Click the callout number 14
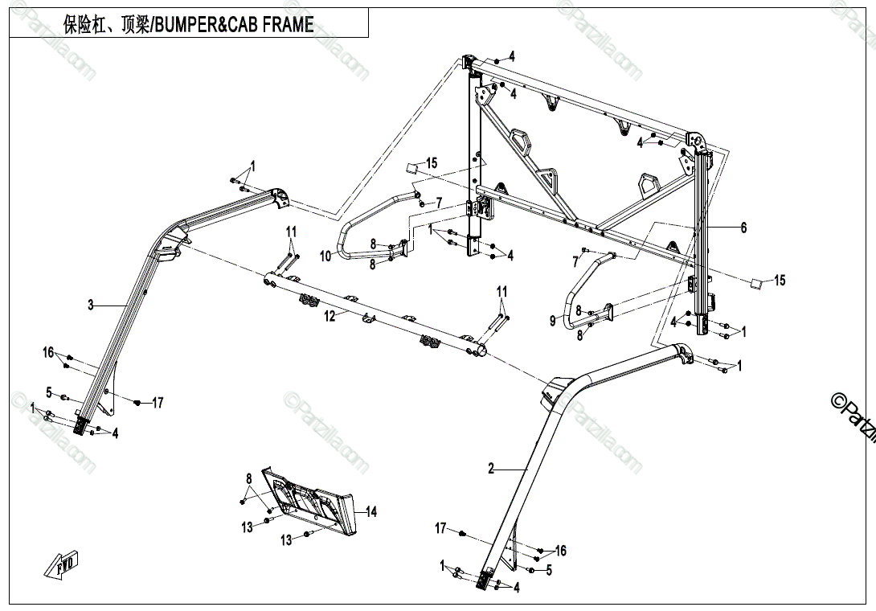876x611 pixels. (x=370, y=511)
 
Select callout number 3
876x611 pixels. (x=91, y=305)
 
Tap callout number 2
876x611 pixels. (x=491, y=468)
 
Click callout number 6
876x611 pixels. (x=743, y=228)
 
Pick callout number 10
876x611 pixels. (x=325, y=256)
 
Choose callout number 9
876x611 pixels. (x=552, y=321)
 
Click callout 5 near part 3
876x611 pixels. (x=49, y=393)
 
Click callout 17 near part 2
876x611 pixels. (x=440, y=528)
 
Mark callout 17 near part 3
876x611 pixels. (x=158, y=403)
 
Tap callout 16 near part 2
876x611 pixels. (x=560, y=551)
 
